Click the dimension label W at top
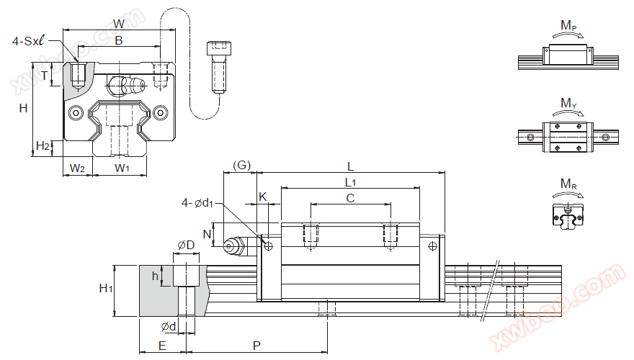click(119, 23)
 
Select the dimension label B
click(119, 41)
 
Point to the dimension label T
click(44, 76)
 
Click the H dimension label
click(23, 109)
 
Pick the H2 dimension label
click(43, 146)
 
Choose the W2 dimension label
click(77, 168)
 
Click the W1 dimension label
click(122, 168)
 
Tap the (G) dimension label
click(242, 166)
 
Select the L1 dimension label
click(351, 181)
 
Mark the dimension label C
click(351, 197)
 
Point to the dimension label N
click(206, 234)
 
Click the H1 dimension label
click(105, 289)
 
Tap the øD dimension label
click(185, 246)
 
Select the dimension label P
click(256, 346)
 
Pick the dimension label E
click(162, 346)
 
